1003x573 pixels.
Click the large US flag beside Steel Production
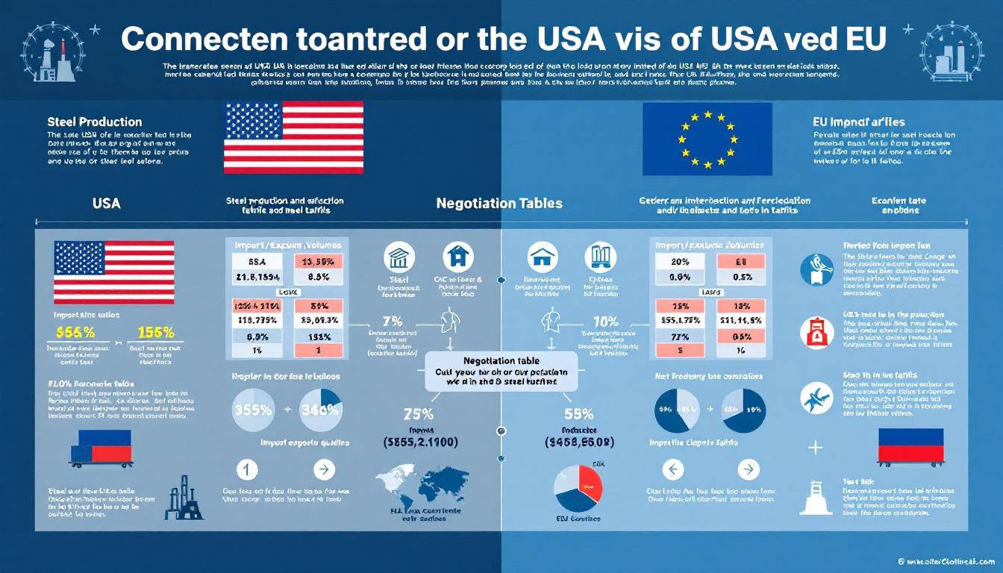(293, 138)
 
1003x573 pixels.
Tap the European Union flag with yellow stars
(707, 138)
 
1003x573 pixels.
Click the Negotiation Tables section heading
(499, 203)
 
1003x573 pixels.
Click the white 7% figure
(387, 321)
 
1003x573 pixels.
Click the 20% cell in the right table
(679, 261)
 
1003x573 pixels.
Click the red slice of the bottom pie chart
(589, 481)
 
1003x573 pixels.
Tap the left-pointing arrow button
(673, 469)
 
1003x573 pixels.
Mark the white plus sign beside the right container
(816, 448)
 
